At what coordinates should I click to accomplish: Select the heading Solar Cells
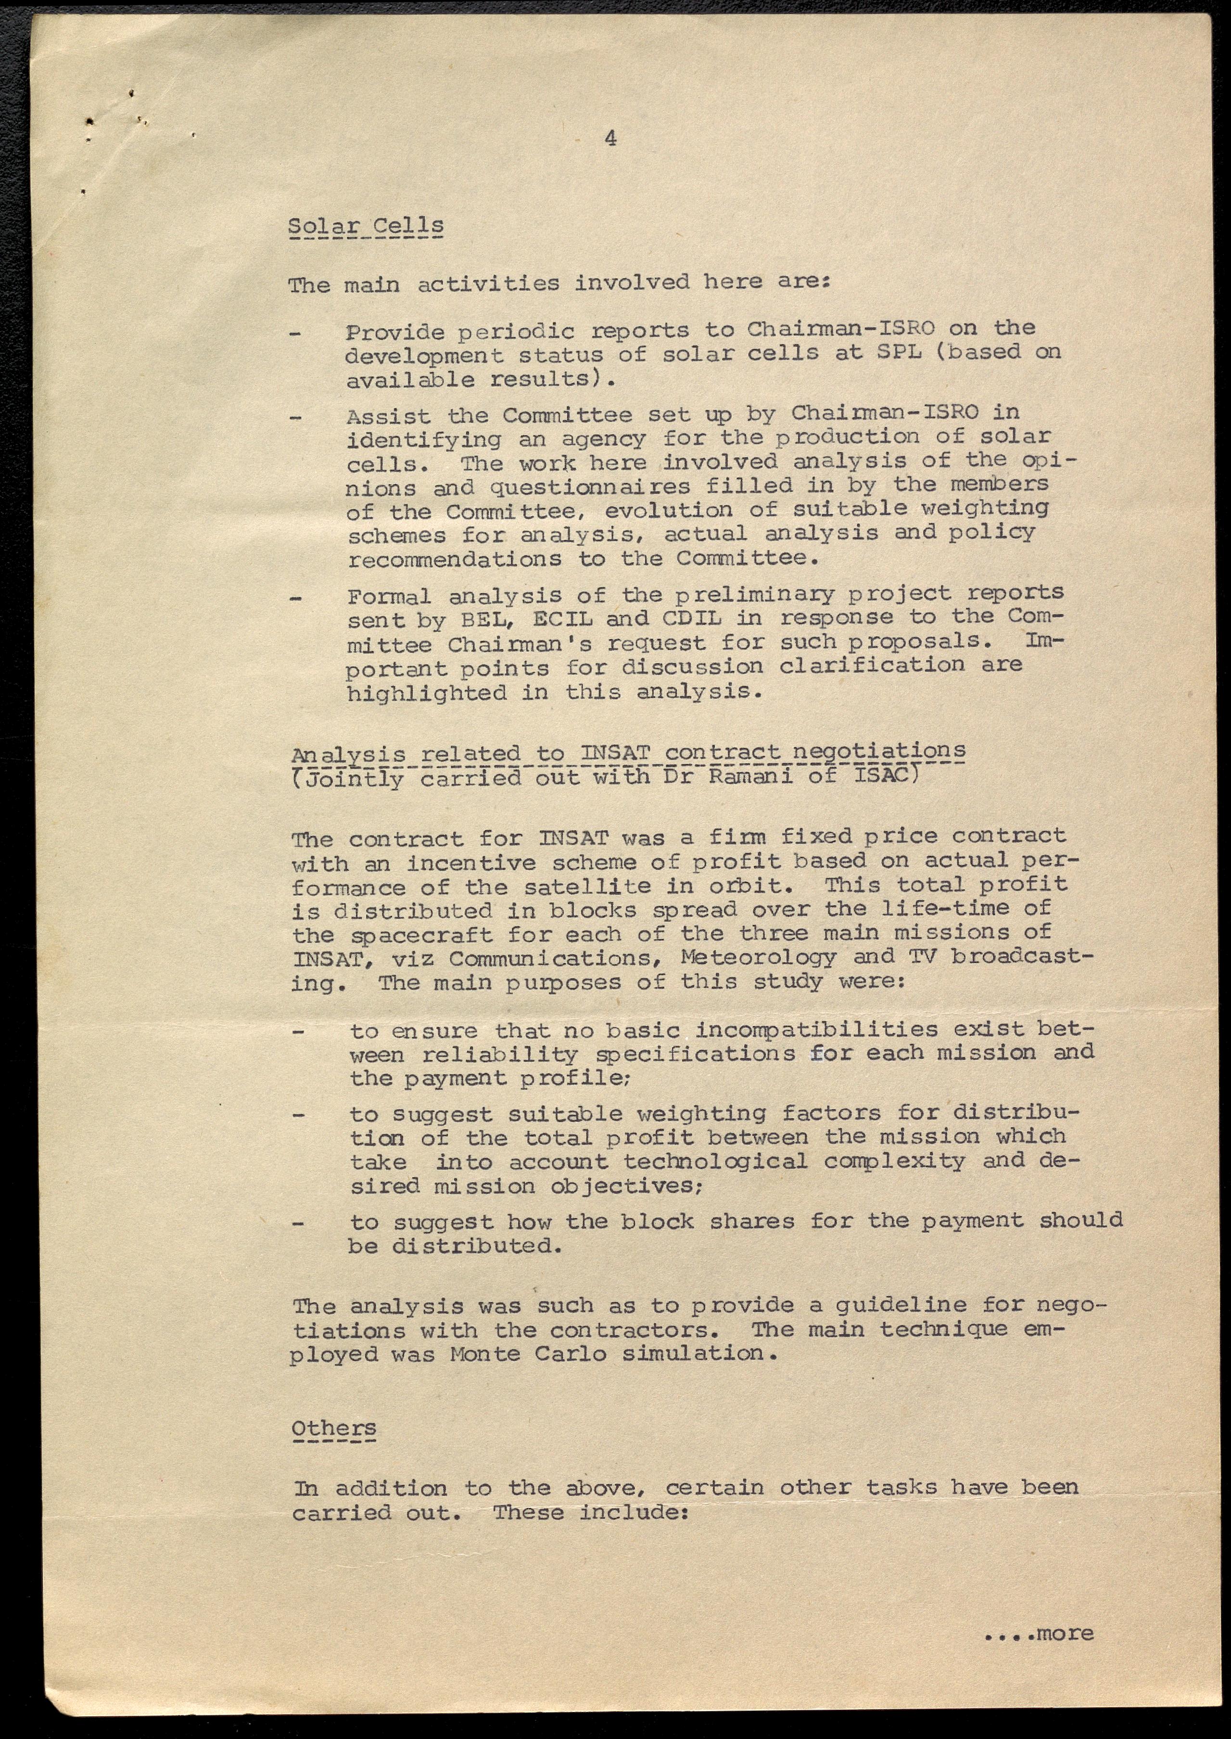point(366,226)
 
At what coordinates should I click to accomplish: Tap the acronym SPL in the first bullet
point(898,353)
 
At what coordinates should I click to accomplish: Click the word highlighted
point(427,693)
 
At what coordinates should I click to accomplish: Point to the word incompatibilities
point(816,1030)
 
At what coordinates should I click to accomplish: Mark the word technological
point(715,1162)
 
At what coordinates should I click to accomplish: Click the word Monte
point(484,1354)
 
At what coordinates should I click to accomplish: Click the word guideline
point(901,1305)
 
